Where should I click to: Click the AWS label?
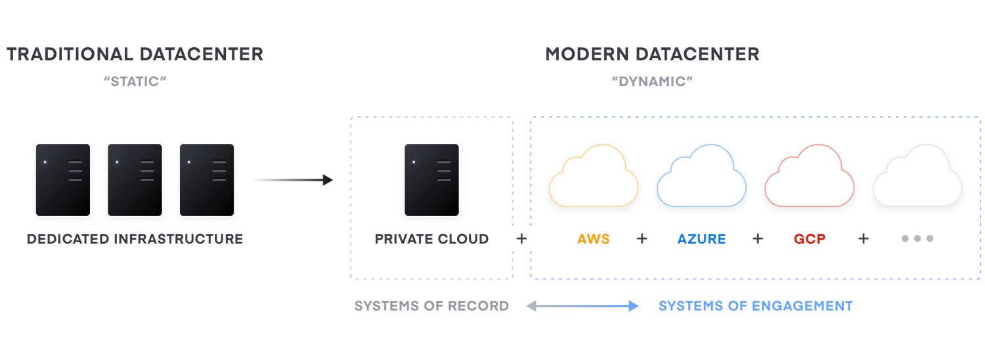coord(594,239)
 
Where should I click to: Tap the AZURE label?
coord(701,239)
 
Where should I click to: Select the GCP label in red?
coord(809,239)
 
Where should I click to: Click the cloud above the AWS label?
coord(594,177)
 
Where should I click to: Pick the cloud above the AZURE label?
coord(701,177)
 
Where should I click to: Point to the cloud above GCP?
coord(809,177)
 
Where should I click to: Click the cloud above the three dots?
coord(917,177)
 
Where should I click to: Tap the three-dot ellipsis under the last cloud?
coord(917,239)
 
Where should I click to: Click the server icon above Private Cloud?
coord(431,181)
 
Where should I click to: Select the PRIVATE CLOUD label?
coord(431,239)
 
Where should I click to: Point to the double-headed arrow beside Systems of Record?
coord(582,306)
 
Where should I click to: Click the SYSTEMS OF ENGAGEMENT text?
coord(755,306)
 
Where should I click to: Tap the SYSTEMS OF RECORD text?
coord(431,306)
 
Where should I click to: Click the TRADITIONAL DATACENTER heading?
coord(135,54)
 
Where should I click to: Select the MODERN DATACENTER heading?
coord(652,54)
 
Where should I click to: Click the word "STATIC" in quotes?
coord(135,82)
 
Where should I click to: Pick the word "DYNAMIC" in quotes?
coord(652,82)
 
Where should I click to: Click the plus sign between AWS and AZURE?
coord(642,239)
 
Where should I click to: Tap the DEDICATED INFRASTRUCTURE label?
coord(135,239)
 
